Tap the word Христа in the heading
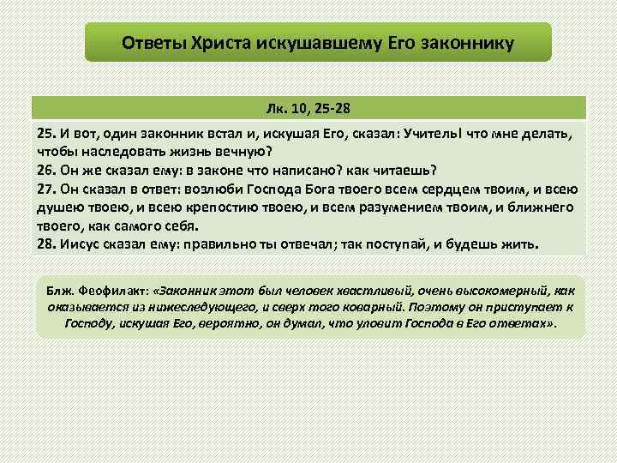215,42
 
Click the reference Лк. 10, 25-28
308,110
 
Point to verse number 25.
46,134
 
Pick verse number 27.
46,189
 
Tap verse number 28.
46,244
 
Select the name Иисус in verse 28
81,244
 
